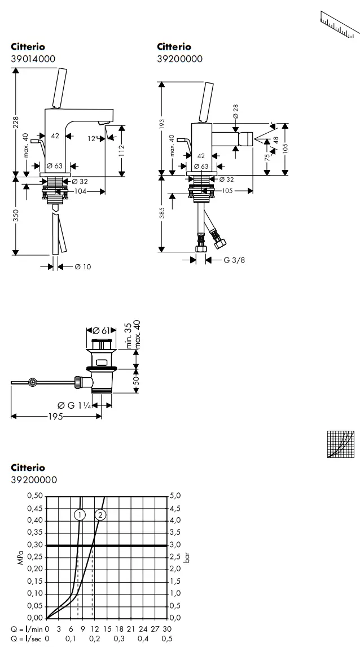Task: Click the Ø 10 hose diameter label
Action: coord(82,267)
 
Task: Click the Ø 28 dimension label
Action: coord(235,111)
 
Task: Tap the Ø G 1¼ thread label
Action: coord(73,405)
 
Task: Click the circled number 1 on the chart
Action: coord(80,514)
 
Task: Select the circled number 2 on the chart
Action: coord(100,514)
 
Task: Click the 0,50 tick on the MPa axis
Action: coord(34,495)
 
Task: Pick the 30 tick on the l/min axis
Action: coord(167,629)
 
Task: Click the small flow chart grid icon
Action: coord(340,443)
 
